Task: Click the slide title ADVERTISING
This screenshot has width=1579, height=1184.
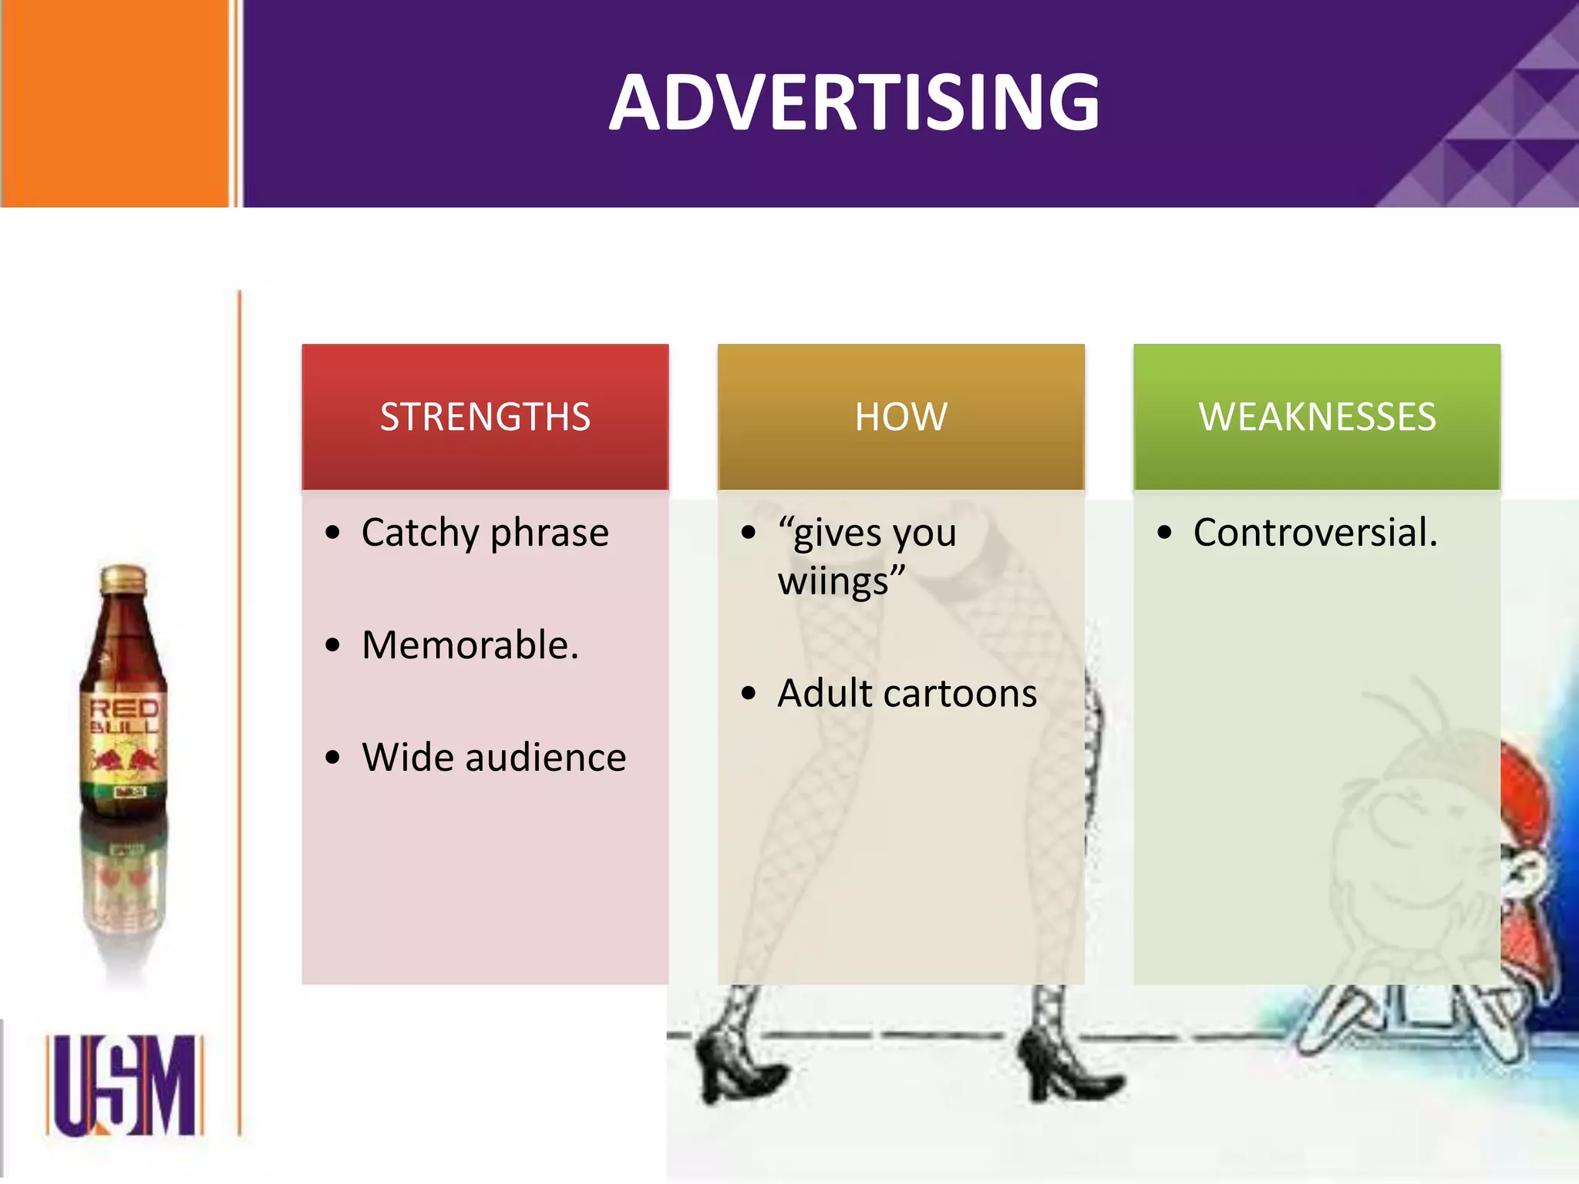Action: (854, 103)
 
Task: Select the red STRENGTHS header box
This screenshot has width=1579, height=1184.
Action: (485, 416)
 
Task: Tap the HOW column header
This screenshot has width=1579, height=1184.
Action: (901, 416)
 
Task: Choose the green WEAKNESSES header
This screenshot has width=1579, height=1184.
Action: (1317, 416)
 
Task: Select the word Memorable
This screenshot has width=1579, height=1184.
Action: (470, 645)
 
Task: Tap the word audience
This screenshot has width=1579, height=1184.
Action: (546, 757)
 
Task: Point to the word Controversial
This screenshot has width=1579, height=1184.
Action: (1315, 533)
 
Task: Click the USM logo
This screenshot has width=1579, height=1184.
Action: (125, 1085)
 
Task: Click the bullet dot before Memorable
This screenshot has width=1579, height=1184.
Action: (332, 645)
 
